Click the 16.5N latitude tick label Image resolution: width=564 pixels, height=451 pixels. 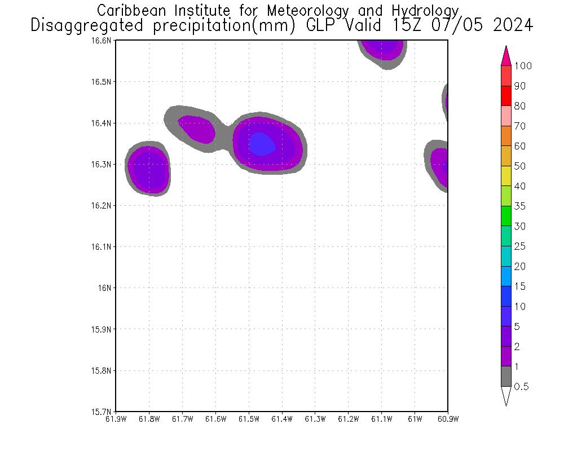103,82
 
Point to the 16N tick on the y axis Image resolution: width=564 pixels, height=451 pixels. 105,288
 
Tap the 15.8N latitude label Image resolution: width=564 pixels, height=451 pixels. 103,370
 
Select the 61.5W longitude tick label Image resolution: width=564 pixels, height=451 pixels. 249,419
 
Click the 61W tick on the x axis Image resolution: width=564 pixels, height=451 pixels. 415,419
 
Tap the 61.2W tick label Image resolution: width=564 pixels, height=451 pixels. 348,419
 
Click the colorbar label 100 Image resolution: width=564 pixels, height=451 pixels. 523,66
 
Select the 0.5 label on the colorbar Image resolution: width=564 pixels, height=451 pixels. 521,387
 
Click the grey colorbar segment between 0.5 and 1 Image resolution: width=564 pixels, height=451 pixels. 506,376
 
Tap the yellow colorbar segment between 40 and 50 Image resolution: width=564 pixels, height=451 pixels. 506,176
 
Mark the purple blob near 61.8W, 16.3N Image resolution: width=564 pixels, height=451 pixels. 148,168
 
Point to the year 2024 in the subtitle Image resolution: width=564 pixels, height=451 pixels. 513,25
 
